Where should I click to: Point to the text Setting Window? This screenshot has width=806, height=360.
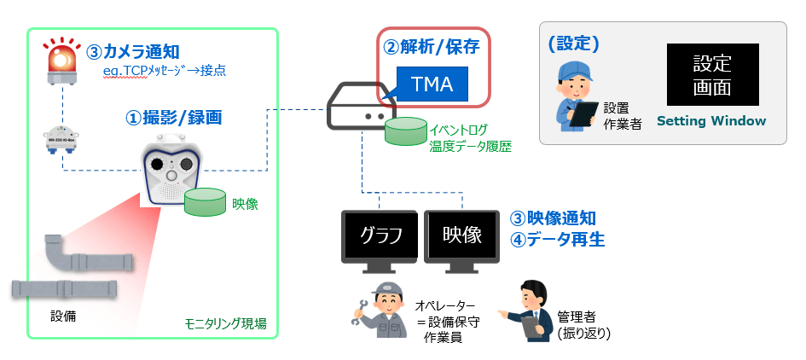click(x=711, y=121)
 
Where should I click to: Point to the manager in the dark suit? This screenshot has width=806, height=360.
click(x=531, y=311)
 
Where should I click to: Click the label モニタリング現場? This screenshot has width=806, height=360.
click(x=225, y=324)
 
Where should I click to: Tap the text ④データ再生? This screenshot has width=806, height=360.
click(x=557, y=240)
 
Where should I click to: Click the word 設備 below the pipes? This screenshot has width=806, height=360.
click(x=63, y=316)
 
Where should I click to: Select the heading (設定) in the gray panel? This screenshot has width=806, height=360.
click(x=573, y=43)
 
